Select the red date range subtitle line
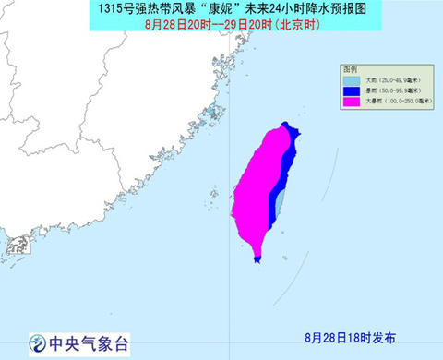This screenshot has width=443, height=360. click(223, 25)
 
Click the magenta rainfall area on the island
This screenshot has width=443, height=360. click(258, 185)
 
